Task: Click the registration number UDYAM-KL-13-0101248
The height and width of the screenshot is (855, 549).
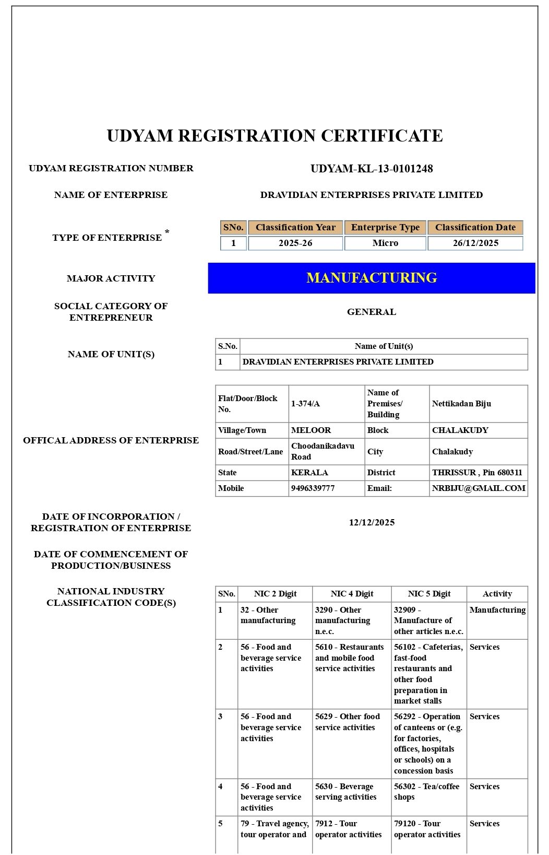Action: click(x=372, y=169)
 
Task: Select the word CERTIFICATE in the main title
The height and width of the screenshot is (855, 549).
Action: click(x=381, y=136)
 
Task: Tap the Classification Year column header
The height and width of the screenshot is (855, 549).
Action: click(x=295, y=228)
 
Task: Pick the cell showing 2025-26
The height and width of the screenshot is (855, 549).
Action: click(x=295, y=243)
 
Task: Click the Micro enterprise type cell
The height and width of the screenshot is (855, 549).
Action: click(x=385, y=243)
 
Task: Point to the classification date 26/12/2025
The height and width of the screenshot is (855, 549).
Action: click(x=475, y=243)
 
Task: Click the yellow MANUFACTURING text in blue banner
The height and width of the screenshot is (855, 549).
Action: click(x=372, y=278)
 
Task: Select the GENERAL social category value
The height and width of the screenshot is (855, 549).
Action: click(x=372, y=312)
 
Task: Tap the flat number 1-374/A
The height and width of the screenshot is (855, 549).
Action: click(x=306, y=404)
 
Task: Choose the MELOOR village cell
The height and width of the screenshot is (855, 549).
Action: click(x=311, y=430)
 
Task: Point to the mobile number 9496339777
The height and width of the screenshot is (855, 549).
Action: click(x=313, y=488)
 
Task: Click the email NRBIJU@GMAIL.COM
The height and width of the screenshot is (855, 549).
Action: click(x=479, y=488)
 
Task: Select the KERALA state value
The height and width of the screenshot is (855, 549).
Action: click(x=309, y=473)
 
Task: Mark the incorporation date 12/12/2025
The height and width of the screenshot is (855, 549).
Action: click(x=372, y=523)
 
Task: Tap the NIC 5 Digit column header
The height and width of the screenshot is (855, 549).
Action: click(x=429, y=594)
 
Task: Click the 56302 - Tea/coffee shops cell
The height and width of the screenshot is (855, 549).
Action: click(x=427, y=792)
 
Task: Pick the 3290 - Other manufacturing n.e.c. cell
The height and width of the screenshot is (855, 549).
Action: click(x=343, y=620)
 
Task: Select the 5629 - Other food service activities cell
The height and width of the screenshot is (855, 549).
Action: click(x=348, y=722)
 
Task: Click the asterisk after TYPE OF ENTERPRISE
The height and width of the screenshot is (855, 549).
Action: click(x=167, y=232)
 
